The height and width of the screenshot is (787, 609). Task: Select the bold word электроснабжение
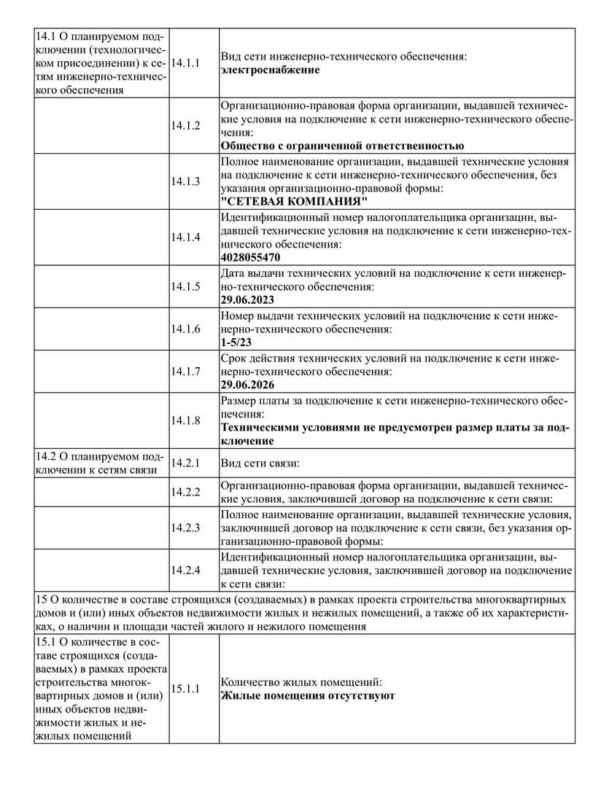(x=270, y=70)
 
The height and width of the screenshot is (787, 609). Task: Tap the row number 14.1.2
(x=186, y=125)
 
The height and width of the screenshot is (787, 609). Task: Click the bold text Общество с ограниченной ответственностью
(x=342, y=146)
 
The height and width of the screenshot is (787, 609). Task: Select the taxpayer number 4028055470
(x=250, y=257)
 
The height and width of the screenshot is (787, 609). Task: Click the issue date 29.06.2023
(x=247, y=299)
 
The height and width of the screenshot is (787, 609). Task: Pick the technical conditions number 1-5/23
(x=237, y=342)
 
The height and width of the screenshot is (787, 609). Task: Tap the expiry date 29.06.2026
(x=247, y=384)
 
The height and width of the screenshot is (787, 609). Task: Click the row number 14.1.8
(x=186, y=420)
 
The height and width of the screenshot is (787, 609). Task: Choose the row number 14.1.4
(x=186, y=237)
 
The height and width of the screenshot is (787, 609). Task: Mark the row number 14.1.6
(x=186, y=329)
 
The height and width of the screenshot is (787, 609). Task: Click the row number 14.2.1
(x=186, y=463)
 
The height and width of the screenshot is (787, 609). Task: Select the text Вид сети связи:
(x=260, y=463)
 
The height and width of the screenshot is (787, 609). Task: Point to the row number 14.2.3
(x=186, y=527)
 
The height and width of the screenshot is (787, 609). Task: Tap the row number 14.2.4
(x=186, y=570)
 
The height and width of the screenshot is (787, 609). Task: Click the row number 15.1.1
(x=186, y=689)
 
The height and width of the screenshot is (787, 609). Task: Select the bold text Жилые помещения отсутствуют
(x=308, y=696)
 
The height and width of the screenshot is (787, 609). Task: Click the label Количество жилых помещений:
(x=300, y=682)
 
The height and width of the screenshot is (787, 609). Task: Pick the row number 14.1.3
(x=186, y=181)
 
